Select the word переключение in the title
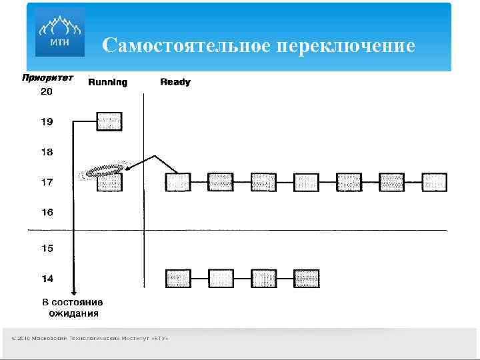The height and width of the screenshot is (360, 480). click(345, 46)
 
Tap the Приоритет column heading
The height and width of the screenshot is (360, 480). click(47, 78)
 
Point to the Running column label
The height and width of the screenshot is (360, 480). click(107, 82)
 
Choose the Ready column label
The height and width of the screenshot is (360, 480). click(175, 82)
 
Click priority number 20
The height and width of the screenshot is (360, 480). click(47, 92)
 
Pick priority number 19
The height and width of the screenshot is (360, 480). click(47, 122)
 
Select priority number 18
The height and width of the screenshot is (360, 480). click(47, 152)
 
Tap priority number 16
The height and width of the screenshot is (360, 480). click(47, 212)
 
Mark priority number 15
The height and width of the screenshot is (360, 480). click(47, 248)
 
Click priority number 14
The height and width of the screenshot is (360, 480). click(47, 278)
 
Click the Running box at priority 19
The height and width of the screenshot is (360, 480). click(110, 121)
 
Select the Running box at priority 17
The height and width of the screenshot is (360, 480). click(110, 182)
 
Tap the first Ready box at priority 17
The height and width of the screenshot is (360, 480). click(178, 182)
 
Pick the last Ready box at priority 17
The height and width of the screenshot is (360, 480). click(435, 182)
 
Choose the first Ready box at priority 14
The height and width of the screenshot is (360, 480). click(178, 278)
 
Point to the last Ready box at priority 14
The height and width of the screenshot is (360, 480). click(307, 278)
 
